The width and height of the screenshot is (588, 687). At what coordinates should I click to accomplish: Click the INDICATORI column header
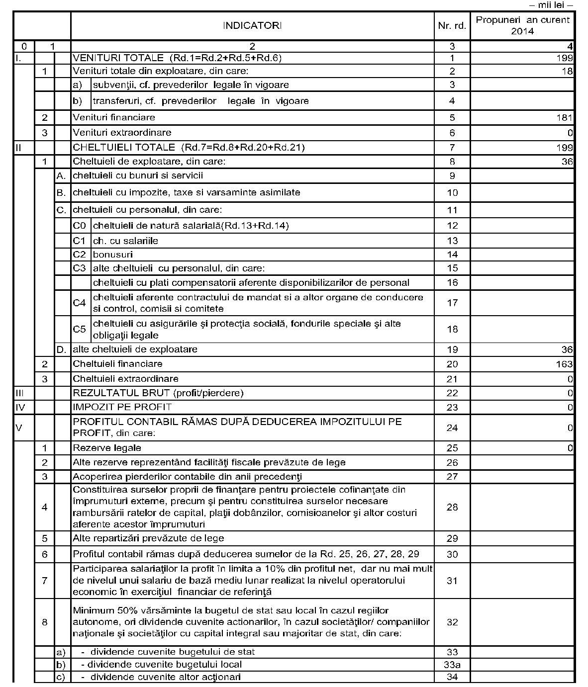[x=252, y=25]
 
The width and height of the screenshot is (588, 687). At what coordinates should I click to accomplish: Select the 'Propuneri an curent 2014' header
[x=522, y=25]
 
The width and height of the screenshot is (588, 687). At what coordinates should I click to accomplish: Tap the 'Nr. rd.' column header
[x=452, y=26]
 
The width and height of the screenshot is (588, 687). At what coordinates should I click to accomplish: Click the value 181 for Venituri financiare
[x=565, y=118]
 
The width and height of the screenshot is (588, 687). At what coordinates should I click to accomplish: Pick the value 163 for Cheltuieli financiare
[x=565, y=364]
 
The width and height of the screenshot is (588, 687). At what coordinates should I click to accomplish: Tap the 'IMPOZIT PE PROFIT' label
[x=122, y=407]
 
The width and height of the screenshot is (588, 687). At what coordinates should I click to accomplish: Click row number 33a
[x=452, y=665]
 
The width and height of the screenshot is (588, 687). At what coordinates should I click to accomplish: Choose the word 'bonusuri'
[x=113, y=255]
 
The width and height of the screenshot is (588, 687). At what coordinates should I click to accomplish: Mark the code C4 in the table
[x=80, y=303]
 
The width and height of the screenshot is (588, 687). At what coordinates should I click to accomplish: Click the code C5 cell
[x=80, y=329]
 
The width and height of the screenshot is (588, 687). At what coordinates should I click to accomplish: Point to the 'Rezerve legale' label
[x=107, y=448]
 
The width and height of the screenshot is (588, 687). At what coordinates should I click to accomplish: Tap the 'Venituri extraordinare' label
[x=122, y=133]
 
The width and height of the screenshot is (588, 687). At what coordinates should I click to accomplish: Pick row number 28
[x=452, y=507]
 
